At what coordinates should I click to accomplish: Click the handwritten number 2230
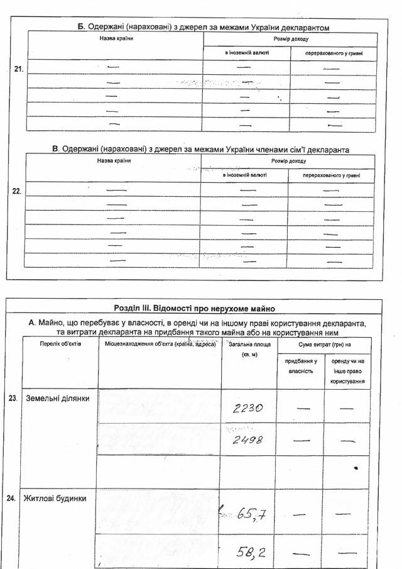247,407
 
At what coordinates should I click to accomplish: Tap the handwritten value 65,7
253,517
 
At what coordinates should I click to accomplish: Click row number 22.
18,192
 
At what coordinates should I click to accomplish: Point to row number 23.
13,398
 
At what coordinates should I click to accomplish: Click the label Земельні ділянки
57,399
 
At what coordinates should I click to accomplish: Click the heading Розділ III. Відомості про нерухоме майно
194,308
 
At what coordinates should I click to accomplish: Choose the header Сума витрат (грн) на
324,345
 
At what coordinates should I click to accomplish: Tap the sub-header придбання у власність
301,367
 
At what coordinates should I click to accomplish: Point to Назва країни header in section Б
116,39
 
